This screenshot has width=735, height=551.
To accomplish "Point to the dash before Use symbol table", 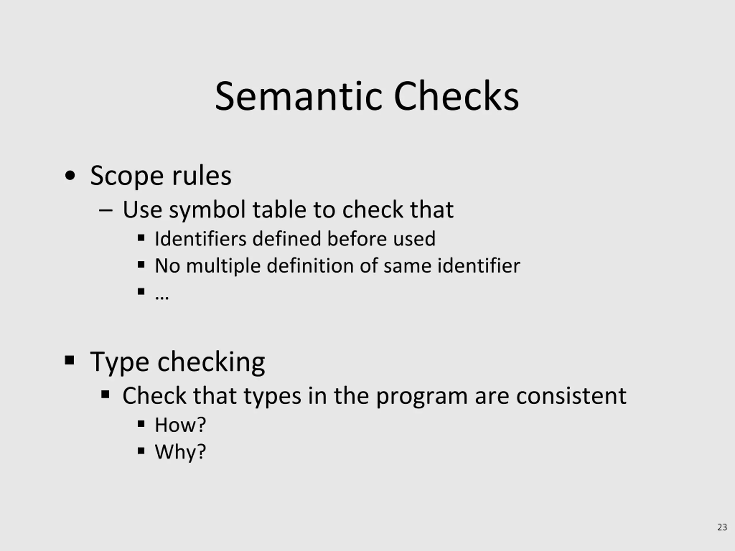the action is (x=106, y=210).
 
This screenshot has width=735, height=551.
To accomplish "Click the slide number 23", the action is (x=722, y=527).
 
